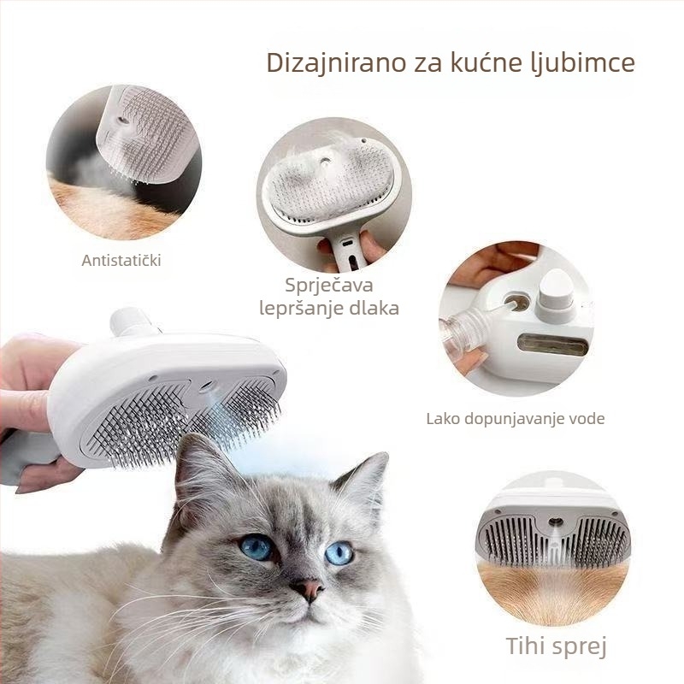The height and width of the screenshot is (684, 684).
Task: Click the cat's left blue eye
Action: point(257,547)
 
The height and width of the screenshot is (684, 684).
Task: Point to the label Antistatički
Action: point(121,261)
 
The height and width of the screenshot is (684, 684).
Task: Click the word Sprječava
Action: point(329,286)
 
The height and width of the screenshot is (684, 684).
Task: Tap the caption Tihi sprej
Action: point(557,646)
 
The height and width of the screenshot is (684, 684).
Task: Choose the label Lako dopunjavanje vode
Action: point(516,419)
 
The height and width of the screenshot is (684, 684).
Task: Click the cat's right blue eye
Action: point(339,553)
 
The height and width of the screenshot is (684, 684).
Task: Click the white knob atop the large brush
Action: point(131,321)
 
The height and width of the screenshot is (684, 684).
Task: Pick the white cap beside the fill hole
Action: point(556,293)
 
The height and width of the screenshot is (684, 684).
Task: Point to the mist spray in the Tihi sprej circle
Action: point(555,545)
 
